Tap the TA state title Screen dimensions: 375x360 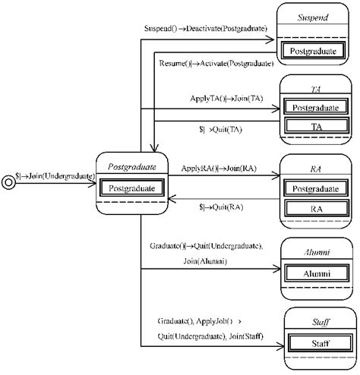(313, 87)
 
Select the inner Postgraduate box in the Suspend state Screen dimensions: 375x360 (313, 51)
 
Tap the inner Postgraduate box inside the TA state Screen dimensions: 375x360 (313, 108)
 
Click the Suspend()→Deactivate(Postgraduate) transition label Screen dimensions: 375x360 (205, 29)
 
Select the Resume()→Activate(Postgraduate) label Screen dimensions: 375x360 (216, 65)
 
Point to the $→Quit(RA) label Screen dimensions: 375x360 (220, 206)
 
